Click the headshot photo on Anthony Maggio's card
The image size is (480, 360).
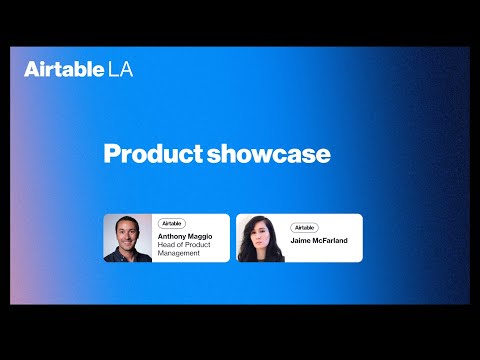point(127,238)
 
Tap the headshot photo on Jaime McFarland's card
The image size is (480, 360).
point(260,238)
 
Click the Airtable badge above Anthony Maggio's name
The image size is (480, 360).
point(172,223)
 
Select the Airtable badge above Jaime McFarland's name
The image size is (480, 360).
point(304,228)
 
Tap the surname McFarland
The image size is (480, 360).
point(332,241)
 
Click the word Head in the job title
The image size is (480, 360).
point(167,245)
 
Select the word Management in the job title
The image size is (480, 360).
point(180,254)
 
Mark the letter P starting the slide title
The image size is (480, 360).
point(111,154)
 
